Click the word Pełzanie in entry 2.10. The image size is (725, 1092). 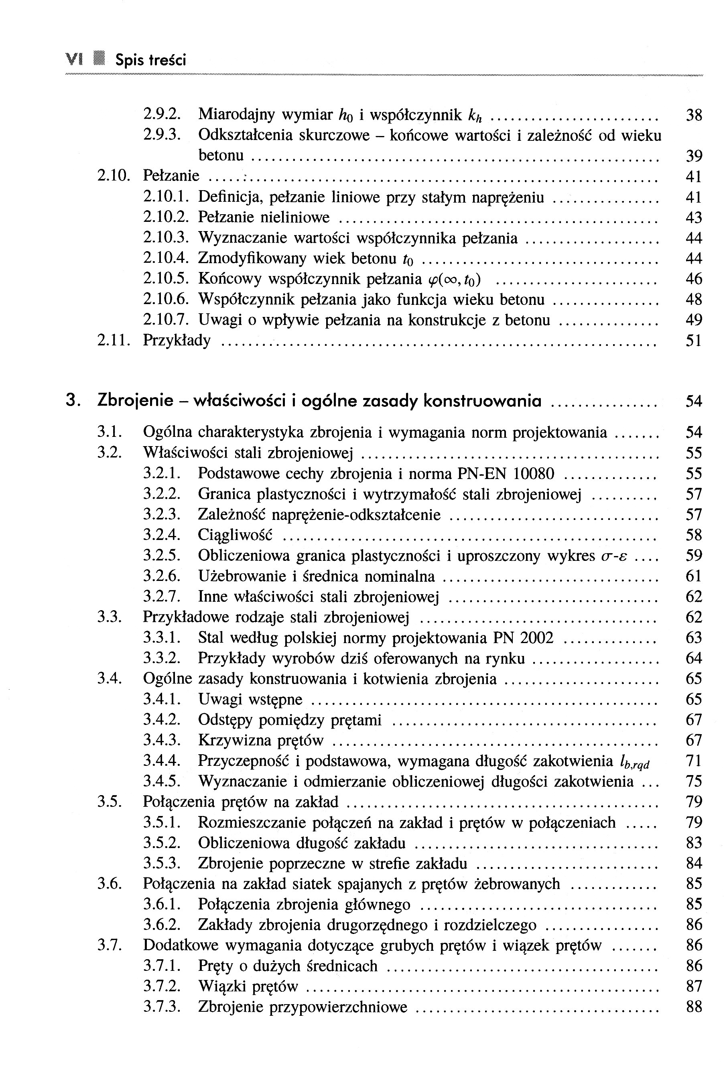click(171, 176)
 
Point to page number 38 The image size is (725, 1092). click(694, 115)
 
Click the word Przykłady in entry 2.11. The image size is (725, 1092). click(177, 341)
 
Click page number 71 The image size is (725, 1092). click(694, 761)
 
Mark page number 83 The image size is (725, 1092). click(694, 843)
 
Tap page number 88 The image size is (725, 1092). click(694, 1007)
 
